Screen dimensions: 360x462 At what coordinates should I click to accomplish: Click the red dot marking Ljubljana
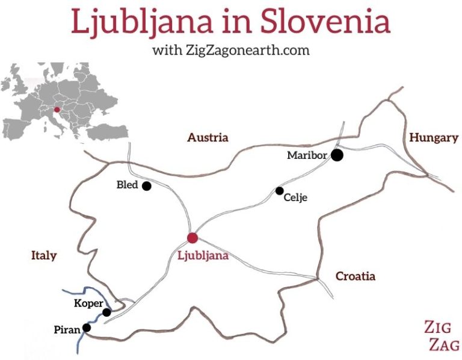pyautogui.click(x=192, y=238)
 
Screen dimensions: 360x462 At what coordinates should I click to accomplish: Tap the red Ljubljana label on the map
pyautogui.click(x=203, y=255)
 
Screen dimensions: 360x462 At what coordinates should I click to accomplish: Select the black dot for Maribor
pyautogui.click(x=337, y=155)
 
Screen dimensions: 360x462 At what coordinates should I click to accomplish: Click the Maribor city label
pyautogui.click(x=307, y=155)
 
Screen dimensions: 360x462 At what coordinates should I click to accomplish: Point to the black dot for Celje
pyautogui.click(x=280, y=191)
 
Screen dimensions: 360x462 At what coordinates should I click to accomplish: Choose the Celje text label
pyautogui.click(x=295, y=197)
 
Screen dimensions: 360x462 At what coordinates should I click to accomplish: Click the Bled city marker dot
pyautogui.click(x=146, y=186)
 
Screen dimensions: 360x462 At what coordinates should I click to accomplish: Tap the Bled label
pyautogui.click(x=127, y=185)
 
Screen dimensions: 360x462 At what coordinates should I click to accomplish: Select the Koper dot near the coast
pyautogui.click(x=106, y=312)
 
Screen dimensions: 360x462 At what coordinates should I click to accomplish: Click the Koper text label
pyautogui.click(x=88, y=303)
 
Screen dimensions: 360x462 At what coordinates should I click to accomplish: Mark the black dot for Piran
pyautogui.click(x=87, y=328)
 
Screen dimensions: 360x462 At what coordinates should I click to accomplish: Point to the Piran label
pyautogui.click(x=67, y=330)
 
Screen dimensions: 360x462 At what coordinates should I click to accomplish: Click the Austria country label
pyautogui.click(x=208, y=138)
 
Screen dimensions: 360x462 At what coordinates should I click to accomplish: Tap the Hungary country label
pyautogui.click(x=433, y=138)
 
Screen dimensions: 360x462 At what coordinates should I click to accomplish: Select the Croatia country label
pyautogui.click(x=355, y=276)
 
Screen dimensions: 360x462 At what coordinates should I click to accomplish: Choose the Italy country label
pyautogui.click(x=43, y=256)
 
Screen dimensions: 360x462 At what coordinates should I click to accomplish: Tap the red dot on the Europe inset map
pyautogui.click(x=57, y=110)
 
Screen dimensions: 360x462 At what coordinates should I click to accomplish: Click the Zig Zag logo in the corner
pyautogui.click(x=442, y=336)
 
